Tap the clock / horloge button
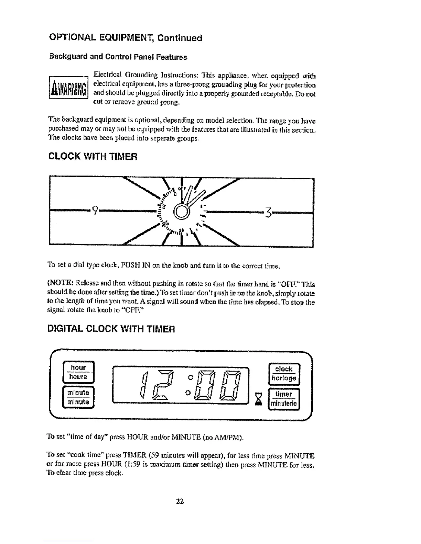point(284,374)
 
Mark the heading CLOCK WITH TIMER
point(94,157)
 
